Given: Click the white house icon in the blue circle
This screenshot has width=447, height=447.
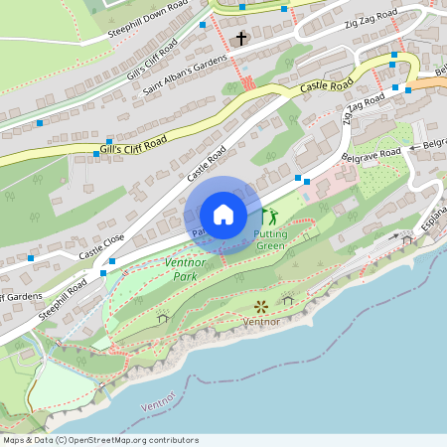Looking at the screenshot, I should pos(223,215).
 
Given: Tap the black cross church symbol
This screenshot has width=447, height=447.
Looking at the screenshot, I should pos(240,39).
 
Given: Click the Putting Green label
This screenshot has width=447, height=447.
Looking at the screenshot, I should pos(271,239).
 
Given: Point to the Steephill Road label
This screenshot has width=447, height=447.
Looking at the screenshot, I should pos(63,297).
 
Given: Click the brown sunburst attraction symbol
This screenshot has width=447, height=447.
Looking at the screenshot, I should pos(261,306).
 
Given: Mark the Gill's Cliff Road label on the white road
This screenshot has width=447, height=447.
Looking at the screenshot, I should pos(152,61).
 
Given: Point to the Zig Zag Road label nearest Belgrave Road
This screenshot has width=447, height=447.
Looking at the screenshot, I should pos(363,108).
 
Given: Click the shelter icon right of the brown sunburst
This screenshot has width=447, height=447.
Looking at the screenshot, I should pos(288,299).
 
